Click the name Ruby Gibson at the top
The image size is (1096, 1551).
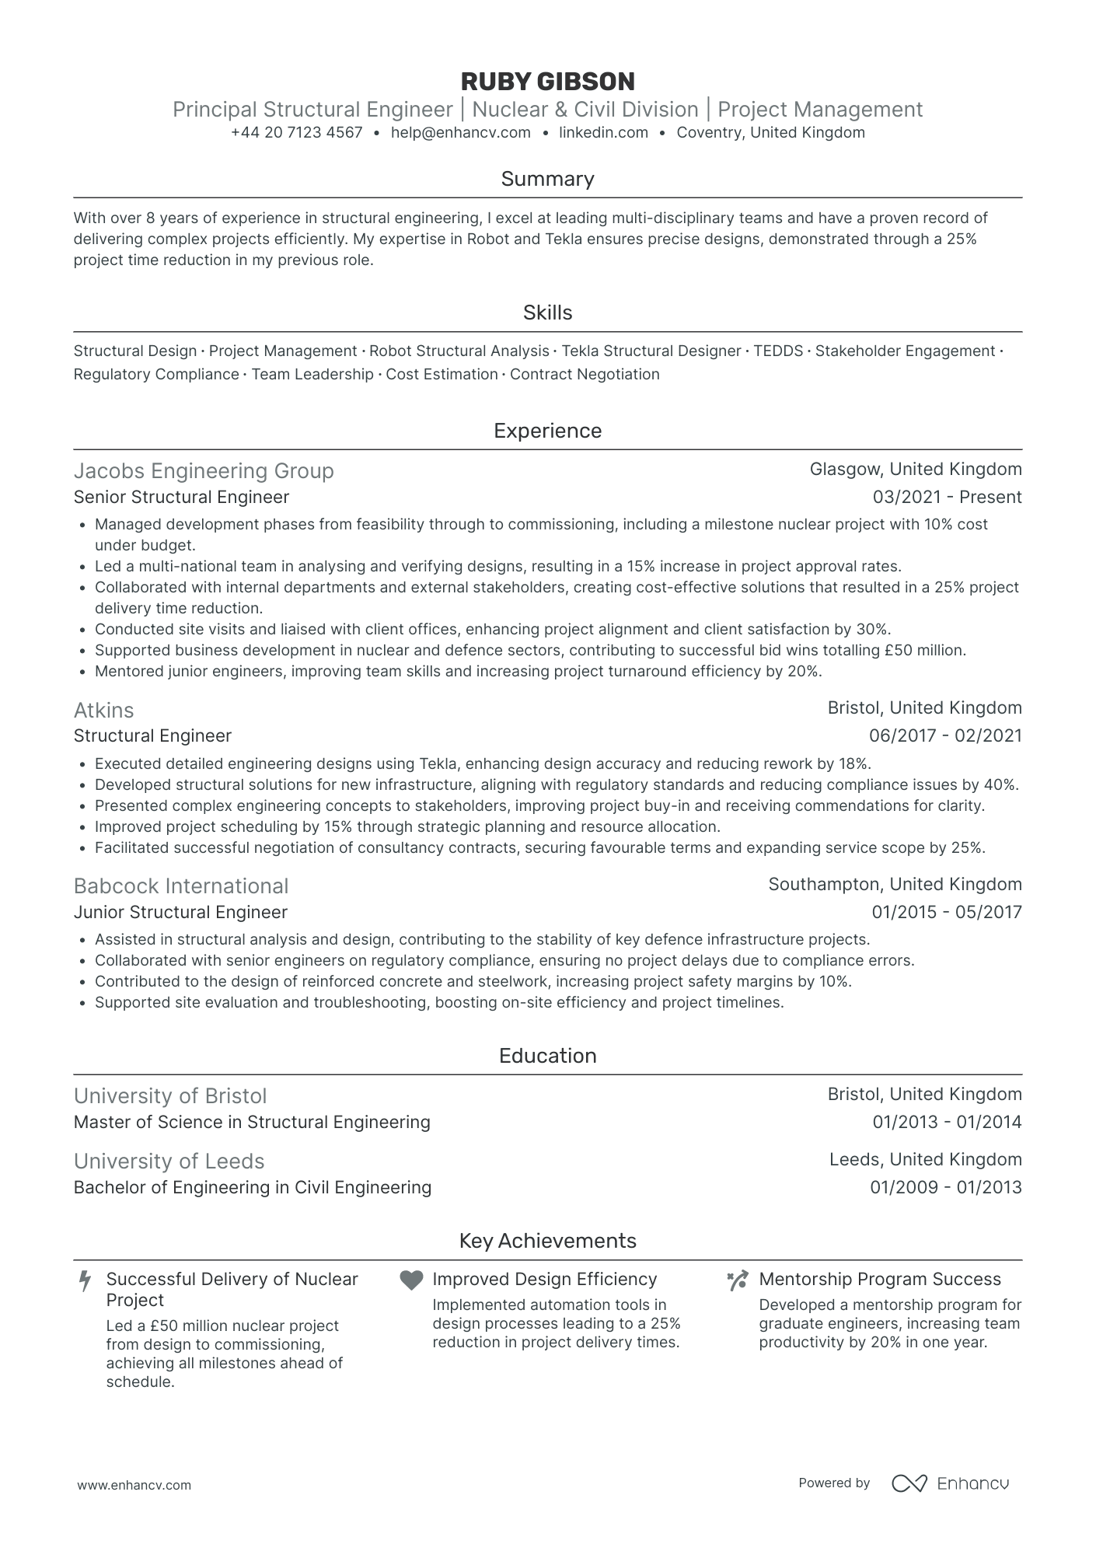(x=547, y=82)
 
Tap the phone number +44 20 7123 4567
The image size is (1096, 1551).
(x=296, y=133)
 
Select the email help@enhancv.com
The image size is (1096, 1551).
(x=460, y=133)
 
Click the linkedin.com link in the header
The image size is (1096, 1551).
(x=603, y=133)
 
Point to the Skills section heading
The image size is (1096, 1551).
(x=547, y=313)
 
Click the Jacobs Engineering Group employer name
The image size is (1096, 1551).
(x=204, y=471)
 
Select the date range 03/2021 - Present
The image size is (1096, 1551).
(x=947, y=498)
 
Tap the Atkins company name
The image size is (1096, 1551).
(x=103, y=710)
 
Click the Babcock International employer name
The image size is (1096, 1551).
(x=181, y=886)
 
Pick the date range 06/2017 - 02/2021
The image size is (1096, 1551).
(x=945, y=736)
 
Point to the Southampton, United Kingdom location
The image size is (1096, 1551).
(x=895, y=885)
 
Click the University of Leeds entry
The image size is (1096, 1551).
(x=169, y=1162)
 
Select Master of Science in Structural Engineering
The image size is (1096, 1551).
(x=252, y=1123)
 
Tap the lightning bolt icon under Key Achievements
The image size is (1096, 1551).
(x=86, y=1280)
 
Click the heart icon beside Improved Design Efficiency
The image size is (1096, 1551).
(x=411, y=1280)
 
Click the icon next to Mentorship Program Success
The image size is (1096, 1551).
(x=737, y=1280)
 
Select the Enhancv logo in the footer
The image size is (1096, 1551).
(x=950, y=1483)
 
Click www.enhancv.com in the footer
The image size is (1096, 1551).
(x=134, y=1485)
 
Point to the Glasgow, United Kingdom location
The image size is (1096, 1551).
(x=916, y=470)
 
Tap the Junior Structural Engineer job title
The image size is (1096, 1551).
(x=180, y=913)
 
